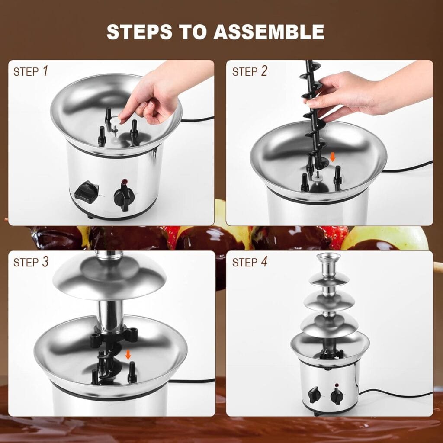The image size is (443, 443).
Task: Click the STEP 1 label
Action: tap(31, 71)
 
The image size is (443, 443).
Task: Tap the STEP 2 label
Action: tap(250, 71)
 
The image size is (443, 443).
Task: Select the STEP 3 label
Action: tap(31, 262)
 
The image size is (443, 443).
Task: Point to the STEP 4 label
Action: tap(250, 262)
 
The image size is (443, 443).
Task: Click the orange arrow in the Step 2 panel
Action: tap(332, 157)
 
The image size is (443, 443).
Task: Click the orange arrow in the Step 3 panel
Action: tap(128, 355)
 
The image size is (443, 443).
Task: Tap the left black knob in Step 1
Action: tap(86, 191)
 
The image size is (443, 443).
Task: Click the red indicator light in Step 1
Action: tap(125, 182)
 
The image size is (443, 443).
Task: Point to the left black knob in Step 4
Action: tap(315, 395)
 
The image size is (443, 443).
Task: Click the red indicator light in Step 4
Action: tap(336, 385)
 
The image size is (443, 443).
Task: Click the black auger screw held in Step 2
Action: tap(313, 117)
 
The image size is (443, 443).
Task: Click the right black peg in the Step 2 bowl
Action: tap(337, 177)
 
